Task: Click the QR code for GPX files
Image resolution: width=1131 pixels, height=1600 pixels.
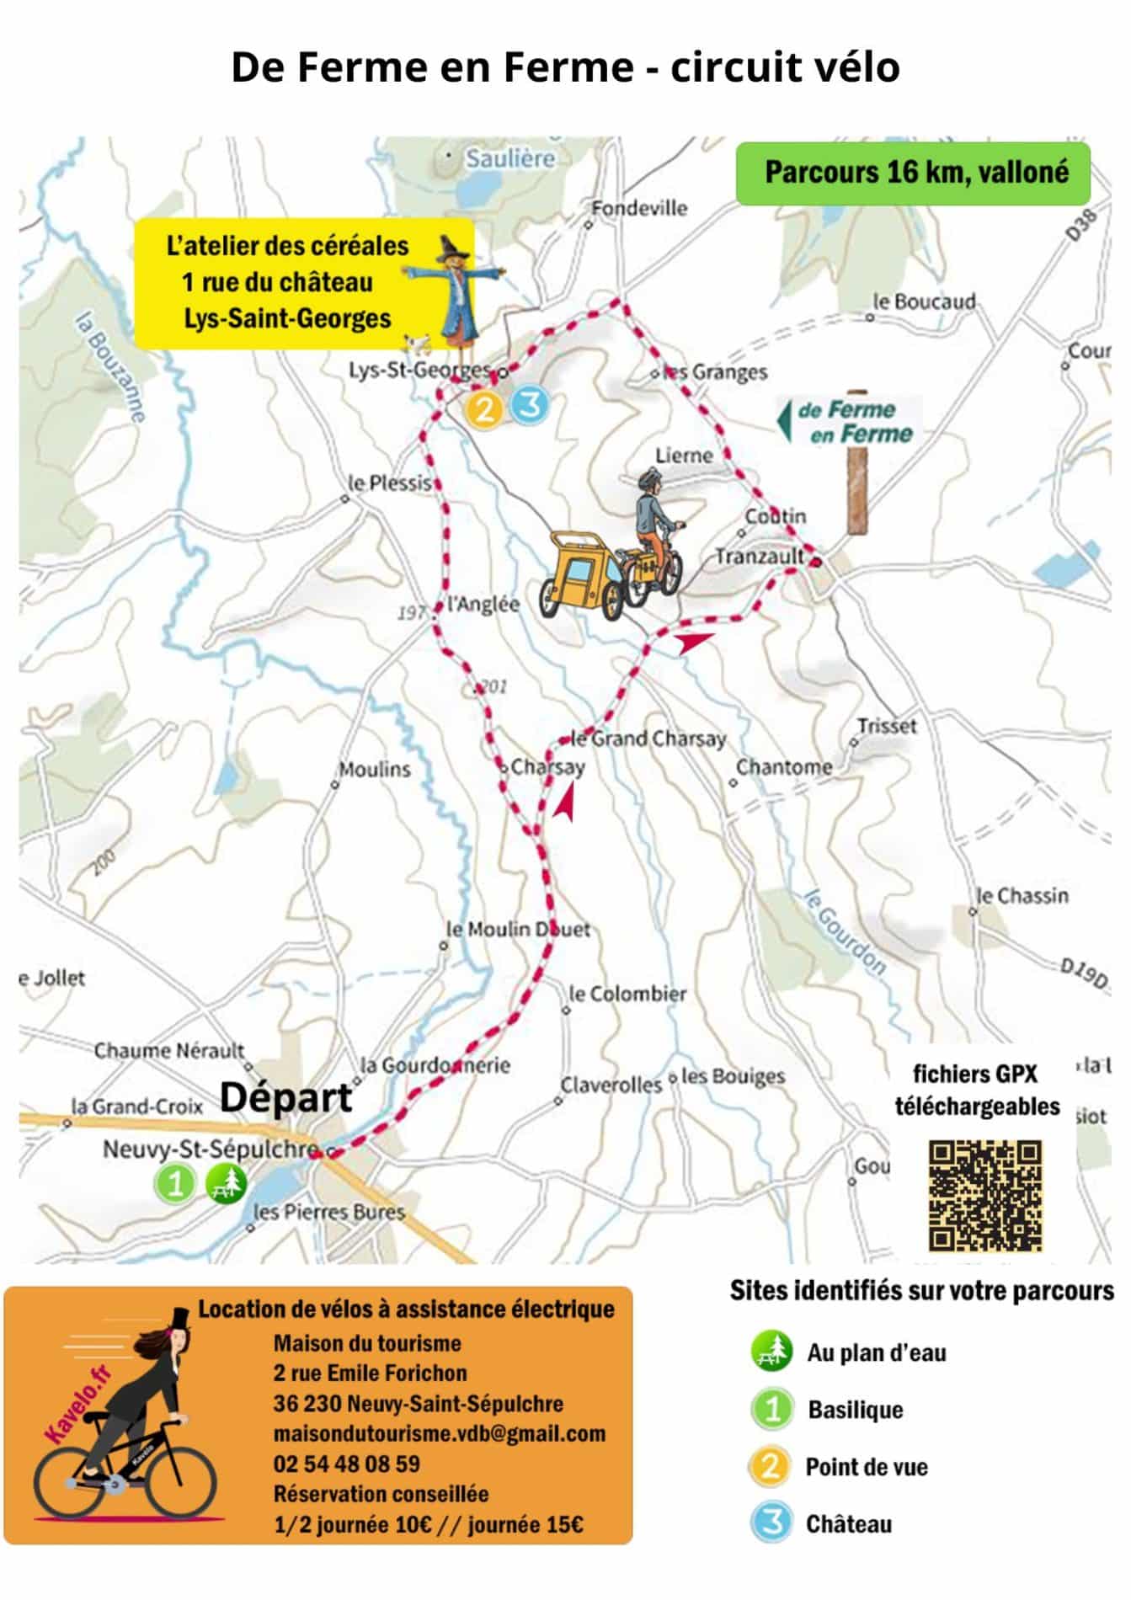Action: [984, 1196]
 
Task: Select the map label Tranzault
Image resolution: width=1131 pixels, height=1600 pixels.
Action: [760, 557]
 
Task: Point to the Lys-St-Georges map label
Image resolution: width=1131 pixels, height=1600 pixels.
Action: [419, 370]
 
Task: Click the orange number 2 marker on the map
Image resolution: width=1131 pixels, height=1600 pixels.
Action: [484, 410]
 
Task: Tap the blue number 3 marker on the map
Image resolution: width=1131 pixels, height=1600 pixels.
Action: [529, 405]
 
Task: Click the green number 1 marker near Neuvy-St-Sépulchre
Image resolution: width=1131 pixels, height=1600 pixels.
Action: [174, 1184]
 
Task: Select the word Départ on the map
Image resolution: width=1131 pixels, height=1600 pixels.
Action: [285, 1097]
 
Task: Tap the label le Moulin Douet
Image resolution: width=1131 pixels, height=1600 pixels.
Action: [518, 929]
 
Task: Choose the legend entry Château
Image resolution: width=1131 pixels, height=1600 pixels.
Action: [848, 1524]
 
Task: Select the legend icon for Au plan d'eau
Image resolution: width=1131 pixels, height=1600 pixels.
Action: [771, 1352]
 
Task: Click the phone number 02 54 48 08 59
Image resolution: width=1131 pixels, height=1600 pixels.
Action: [346, 1464]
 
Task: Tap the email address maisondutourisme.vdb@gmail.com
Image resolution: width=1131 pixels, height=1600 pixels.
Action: [439, 1433]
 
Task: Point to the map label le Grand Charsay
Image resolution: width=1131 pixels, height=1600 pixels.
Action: [648, 739]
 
